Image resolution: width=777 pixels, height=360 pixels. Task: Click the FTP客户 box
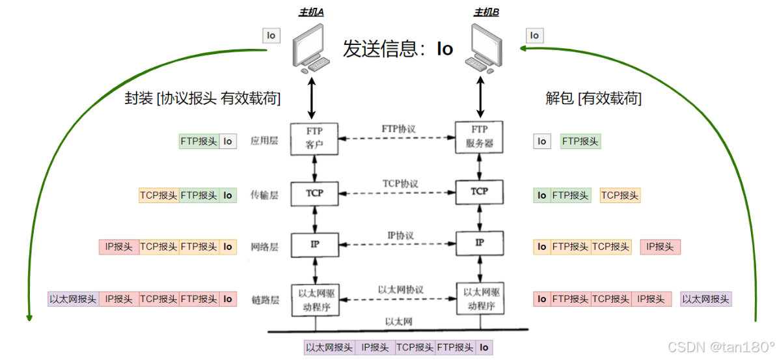click(x=314, y=137)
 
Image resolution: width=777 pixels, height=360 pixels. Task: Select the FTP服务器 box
click(x=480, y=137)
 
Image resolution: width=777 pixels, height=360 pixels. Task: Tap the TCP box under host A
click(x=314, y=193)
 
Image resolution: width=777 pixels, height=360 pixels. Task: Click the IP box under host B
click(x=480, y=243)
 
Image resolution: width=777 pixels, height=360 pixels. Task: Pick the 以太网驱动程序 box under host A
click(x=315, y=299)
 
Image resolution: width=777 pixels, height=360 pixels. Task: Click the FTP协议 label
click(x=398, y=129)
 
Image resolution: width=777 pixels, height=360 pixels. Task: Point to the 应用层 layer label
click(x=264, y=141)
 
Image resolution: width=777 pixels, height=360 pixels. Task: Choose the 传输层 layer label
click(x=264, y=194)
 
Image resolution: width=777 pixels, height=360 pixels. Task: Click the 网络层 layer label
click(x=264, y=247)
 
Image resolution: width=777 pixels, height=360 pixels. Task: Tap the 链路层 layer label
click(x=264, y=299)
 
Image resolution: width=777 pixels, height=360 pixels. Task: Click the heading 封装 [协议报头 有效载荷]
click(x=202, y=98)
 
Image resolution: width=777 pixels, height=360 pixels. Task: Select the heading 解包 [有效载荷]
click(x=593, y=98)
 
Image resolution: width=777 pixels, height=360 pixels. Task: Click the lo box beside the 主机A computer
click(x=271, y=35)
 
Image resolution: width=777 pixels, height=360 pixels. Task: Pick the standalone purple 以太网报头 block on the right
click(x=707, y=299)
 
